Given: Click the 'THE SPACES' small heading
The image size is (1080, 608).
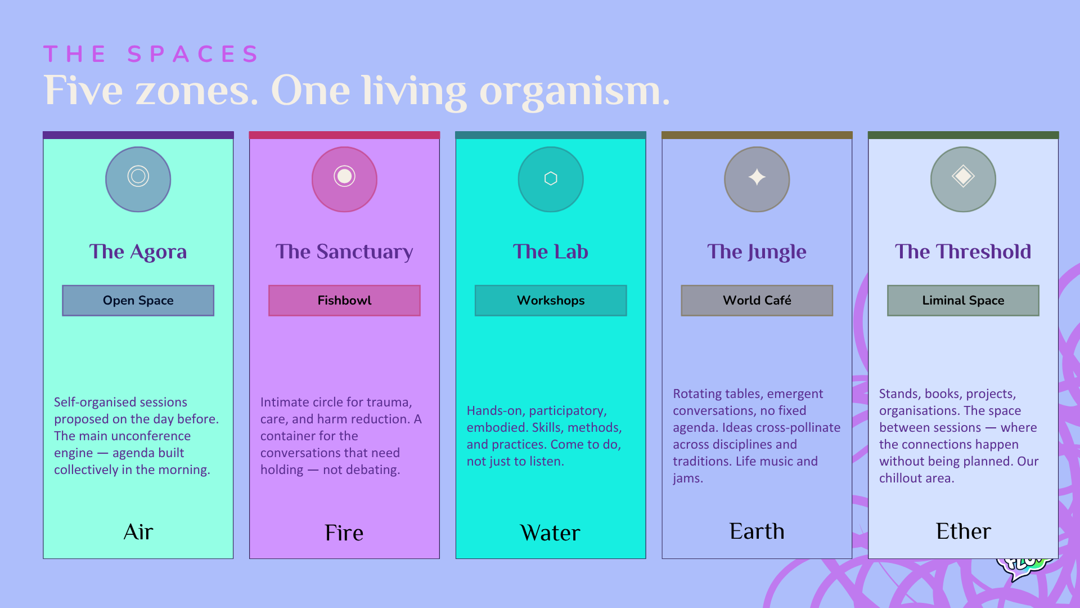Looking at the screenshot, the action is (x=151, y=54).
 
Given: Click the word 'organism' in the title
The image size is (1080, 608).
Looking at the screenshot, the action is (x=574, y=92).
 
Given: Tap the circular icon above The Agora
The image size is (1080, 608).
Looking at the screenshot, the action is (x=138, y=179).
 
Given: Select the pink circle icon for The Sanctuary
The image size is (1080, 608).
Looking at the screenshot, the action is (x=344, y=179).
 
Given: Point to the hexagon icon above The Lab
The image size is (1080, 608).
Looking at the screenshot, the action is (x=551, y=179).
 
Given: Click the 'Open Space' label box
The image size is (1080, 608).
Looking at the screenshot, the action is (x=138, y=301).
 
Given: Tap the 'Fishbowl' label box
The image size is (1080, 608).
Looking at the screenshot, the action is (x=344, y=301).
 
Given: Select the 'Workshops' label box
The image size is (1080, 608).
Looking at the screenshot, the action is (x=551, y=301).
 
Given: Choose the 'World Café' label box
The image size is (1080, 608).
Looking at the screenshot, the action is (x=757, y=301).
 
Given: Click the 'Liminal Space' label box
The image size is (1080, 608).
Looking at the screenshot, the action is (x=964, y=301).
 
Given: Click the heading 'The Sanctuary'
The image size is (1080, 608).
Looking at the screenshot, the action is (x=344, y=252).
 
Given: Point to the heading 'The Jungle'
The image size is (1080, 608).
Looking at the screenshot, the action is (x=757, y=252).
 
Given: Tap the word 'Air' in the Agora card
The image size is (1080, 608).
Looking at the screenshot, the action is (x=138, y=532).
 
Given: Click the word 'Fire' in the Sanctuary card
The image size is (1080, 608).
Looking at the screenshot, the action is (x=344, y=533).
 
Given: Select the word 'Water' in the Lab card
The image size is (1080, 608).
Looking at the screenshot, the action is (x=551, y=533).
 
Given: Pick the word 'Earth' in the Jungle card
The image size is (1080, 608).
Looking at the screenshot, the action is (x=757, y=531).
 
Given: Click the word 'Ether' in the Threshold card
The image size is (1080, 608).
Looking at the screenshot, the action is (x=964, y=531).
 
